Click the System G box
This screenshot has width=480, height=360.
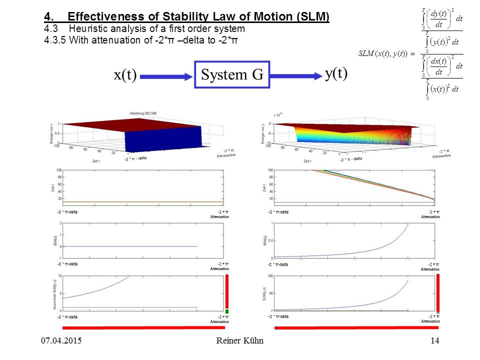tap(232, 75)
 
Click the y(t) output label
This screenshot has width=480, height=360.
tap(336, 73)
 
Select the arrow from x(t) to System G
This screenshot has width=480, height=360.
tap(166, 76)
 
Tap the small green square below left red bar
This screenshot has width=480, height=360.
tap(226, 311)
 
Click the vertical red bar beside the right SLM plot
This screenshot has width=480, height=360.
tap(438, 292)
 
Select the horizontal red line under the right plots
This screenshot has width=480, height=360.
tap(356, 327)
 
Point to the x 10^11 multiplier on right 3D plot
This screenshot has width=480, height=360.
tap(278, 115)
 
